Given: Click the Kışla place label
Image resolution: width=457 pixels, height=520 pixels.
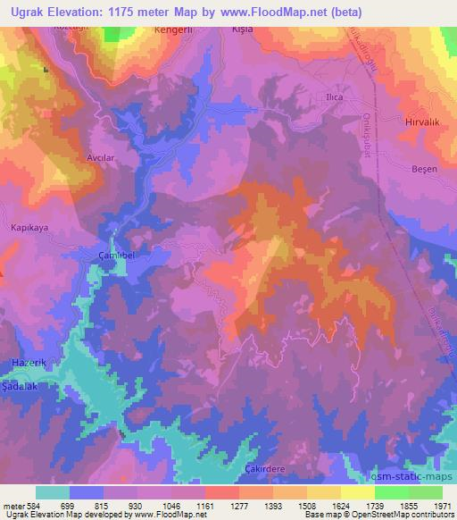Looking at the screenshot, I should [242, 29].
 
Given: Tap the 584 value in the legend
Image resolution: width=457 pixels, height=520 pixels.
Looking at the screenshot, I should [29, 504].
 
